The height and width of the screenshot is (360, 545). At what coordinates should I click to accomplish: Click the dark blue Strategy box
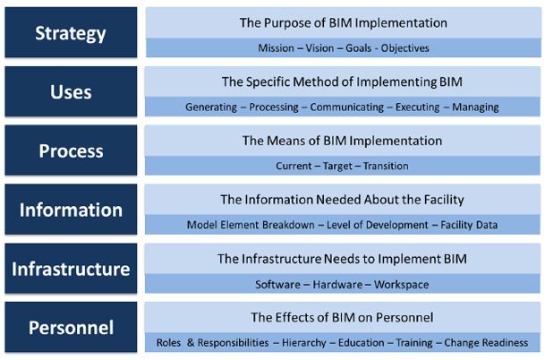[70, 33]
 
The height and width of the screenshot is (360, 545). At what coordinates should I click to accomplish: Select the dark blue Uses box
[70, 92]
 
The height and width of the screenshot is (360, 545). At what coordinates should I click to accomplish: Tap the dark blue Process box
[70, 150]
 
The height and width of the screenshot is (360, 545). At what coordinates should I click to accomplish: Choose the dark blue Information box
[70, 210]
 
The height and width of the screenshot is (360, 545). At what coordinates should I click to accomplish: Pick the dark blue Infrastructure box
[70, 269]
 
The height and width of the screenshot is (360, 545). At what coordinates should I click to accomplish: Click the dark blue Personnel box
[70, 328]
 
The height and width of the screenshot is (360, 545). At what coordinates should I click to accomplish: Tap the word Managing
[474, 107]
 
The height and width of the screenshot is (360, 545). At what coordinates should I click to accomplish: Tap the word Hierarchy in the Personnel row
[304, 343]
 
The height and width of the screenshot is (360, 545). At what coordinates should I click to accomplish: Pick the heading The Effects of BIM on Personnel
[343, 317]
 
